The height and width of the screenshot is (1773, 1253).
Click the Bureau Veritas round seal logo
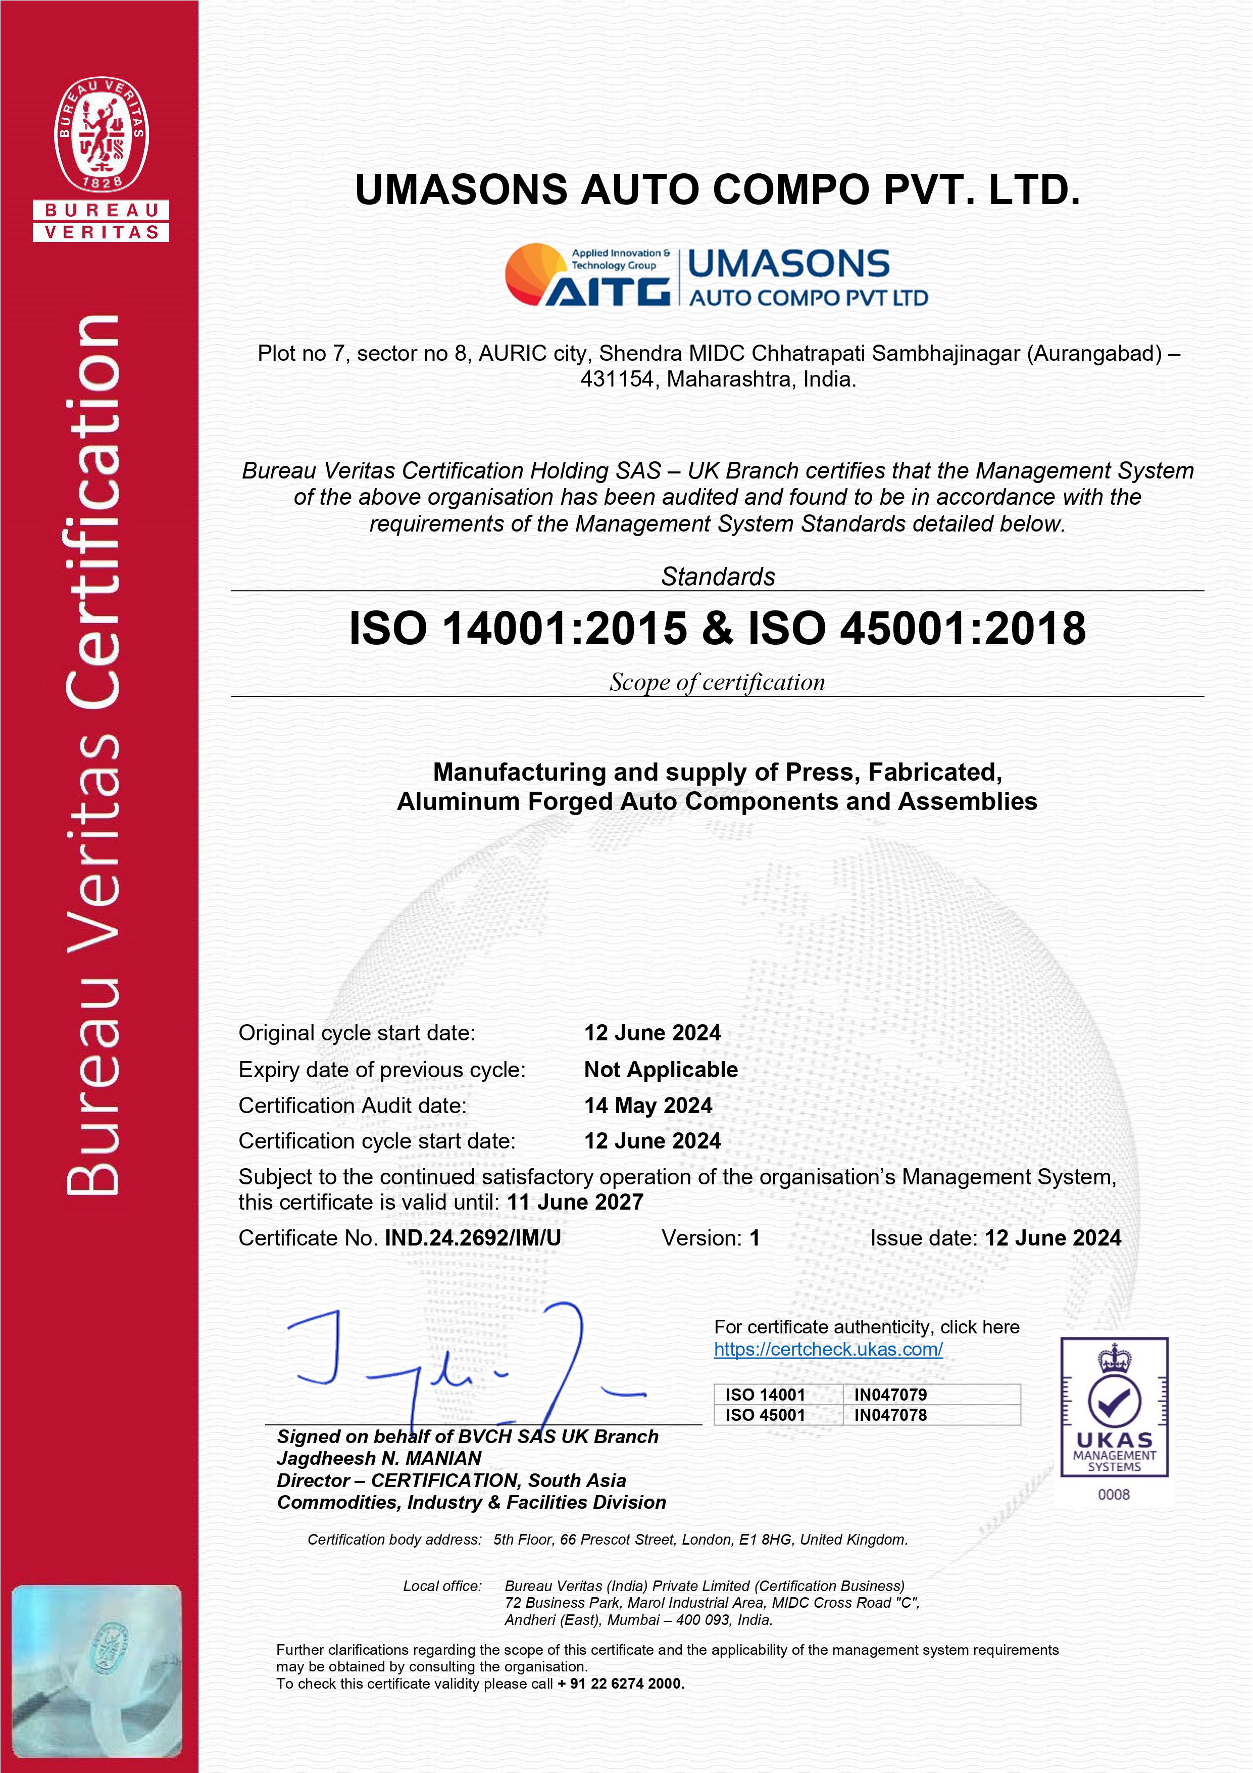pyautogui.click(x=101, y=133)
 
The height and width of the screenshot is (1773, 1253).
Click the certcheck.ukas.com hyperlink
pyautogui.click(x=828, y=1349)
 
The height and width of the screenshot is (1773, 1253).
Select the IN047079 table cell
pyautogui.click(x=890, y=1395)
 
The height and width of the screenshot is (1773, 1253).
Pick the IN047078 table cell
pyautogui.click(x=890, y=1415)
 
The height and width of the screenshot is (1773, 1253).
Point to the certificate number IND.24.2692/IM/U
pyautogui.click(x=473, y=1238)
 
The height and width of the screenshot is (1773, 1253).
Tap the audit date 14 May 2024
pyautogui.click(x=648, y=1105)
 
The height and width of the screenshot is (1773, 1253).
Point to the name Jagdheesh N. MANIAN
pyautogui.click(x=379, y=1458)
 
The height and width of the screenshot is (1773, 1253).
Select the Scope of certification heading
pyautogui.click(x=717, y=682)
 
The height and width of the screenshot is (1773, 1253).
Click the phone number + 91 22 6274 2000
pyautogui.click(x=621, y=1684)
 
